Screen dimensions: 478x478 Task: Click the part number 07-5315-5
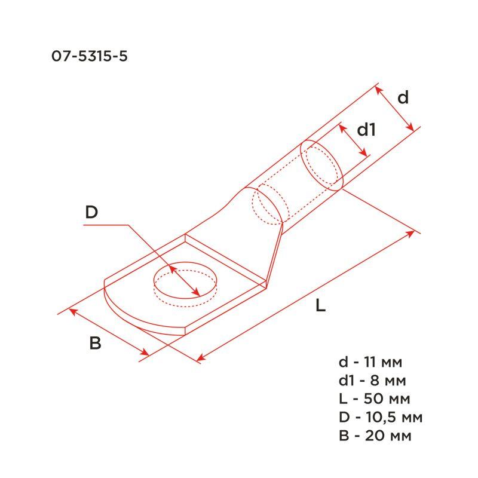[90, 57]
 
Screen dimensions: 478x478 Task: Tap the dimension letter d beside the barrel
[403, 97]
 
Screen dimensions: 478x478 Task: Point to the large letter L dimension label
[321, 306]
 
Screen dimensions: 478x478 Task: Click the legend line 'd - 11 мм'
[370, 362]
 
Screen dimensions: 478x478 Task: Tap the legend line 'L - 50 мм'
[373, 398]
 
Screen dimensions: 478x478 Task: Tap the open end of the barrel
[321, 164]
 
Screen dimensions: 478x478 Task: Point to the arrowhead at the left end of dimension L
[200, 359]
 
